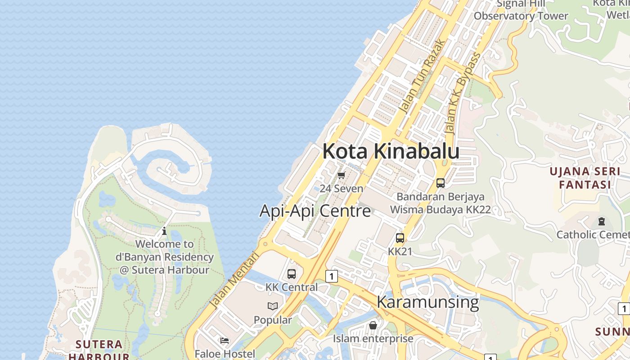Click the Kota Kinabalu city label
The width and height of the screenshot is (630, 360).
(391, 152)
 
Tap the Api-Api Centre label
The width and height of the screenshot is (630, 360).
(315, 211)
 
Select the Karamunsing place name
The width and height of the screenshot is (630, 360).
(427, 301)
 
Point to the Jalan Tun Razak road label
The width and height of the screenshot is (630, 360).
(422, 76)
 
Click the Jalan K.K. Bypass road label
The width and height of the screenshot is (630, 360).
(463, 93)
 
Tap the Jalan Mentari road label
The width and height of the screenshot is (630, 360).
(235, 280)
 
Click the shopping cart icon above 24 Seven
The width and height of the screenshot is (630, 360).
(341, 175)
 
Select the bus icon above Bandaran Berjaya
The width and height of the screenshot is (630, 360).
(441, 183)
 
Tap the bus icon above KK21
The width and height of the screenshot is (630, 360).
(400, 238)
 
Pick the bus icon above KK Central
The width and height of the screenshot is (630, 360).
(292, 274)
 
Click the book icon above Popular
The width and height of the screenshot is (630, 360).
(273, 306)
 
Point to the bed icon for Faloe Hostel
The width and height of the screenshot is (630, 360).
(225, 341)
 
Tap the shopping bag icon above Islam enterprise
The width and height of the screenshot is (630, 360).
(373, 325)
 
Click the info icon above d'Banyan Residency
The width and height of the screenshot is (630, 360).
(164, 231)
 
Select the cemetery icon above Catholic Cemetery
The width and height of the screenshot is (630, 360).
(602, 221)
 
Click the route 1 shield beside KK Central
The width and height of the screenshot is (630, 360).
(332, 276)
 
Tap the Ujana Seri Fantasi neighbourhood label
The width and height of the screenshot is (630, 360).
(585, 178)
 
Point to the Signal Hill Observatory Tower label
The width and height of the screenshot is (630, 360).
(521, 10)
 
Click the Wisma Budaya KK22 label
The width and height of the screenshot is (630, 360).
(440, 210)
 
